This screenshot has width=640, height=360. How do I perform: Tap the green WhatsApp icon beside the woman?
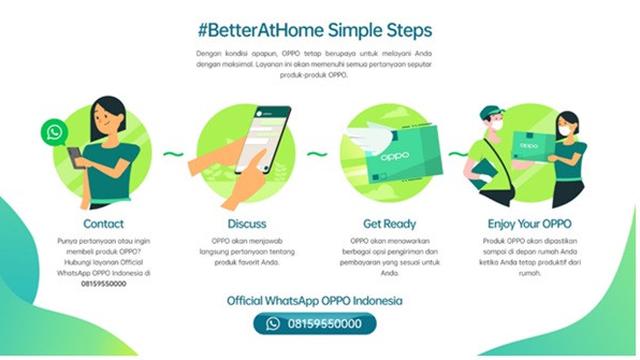[x=54, y=132]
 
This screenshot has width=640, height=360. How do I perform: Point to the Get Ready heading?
[x=388, y=224]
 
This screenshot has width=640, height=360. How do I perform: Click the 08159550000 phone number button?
[x=319, y=324]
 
